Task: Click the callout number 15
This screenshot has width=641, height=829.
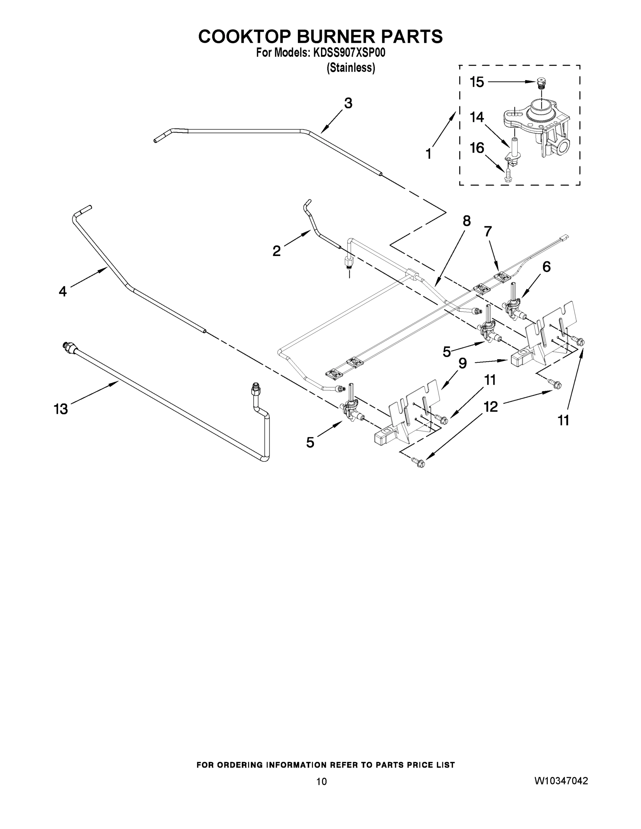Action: [x=477, y=82]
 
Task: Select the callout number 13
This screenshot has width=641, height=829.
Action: [x=61, y=409]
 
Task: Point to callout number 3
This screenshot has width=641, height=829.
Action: [x=348, y=103]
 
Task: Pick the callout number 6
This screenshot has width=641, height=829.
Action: [x=546, y=267]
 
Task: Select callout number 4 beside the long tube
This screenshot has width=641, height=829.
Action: [x=63, y=292]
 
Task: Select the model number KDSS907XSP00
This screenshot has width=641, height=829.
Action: [x=349, y=53]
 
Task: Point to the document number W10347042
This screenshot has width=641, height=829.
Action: [x=561, y=781]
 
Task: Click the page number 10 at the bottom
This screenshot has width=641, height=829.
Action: [x=321, y=782]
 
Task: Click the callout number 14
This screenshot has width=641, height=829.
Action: [x=477, y=117]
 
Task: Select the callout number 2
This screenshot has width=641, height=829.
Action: [x=276, y=251]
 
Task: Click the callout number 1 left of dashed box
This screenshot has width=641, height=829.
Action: [x=428, y=154]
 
